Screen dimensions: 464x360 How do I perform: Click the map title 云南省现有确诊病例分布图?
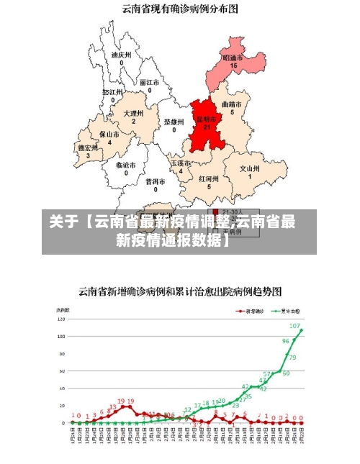click(180, 9)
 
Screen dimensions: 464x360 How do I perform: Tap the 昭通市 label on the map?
click(233, 57)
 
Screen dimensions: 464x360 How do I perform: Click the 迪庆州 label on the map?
click(121, 54)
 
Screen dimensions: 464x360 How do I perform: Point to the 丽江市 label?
click(150, 82)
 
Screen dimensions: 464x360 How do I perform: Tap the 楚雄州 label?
click(174, 122)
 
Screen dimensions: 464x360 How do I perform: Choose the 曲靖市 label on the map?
click(232, 104)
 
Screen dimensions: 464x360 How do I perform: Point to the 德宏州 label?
click(88, 147)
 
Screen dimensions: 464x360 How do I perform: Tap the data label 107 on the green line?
click(295, 326)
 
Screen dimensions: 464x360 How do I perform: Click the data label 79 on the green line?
click(292, 358)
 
